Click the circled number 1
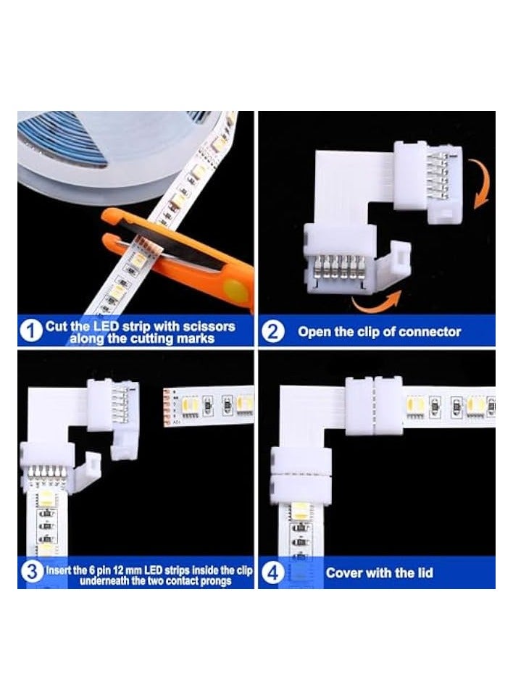click(x=30, y=332)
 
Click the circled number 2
click(x=273, y=333)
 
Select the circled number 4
click(x=272, y=574)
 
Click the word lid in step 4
click(x=422, y=572)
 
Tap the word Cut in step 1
click(x=56, y=327)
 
